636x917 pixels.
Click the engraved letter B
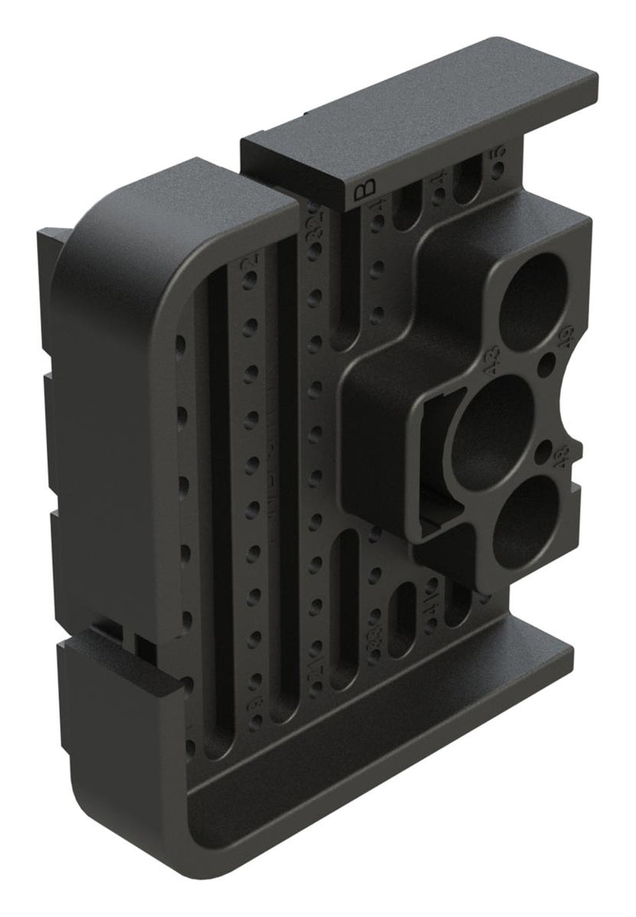tap(363, 190)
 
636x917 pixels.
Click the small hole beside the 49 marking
tap(547, 365)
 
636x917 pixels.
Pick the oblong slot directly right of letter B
tap(407, 207)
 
